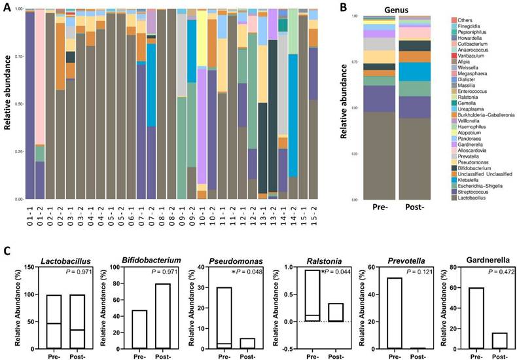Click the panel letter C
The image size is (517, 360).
coord(7,250)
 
